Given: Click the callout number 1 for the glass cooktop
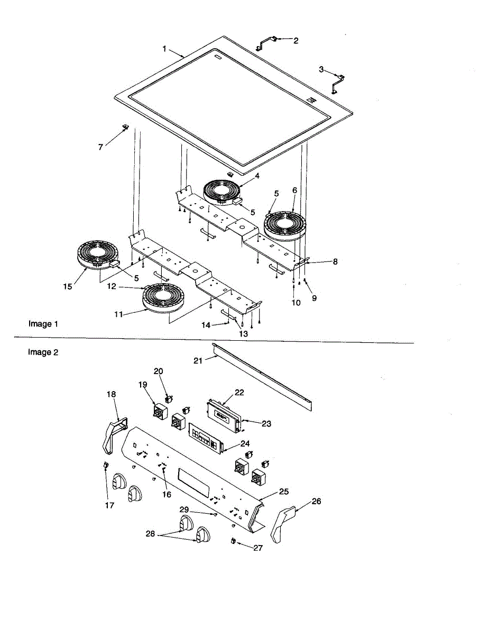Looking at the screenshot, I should click(x=164, y=49).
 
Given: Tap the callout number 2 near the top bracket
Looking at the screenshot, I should click(x=296, y=40).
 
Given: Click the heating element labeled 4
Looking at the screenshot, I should click(x=221, y=191).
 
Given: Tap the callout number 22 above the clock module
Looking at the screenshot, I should click(x=239, y=392).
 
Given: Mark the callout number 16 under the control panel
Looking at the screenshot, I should click(x=167, y=494).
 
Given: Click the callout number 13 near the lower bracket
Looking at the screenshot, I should click(x=243, y=334).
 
